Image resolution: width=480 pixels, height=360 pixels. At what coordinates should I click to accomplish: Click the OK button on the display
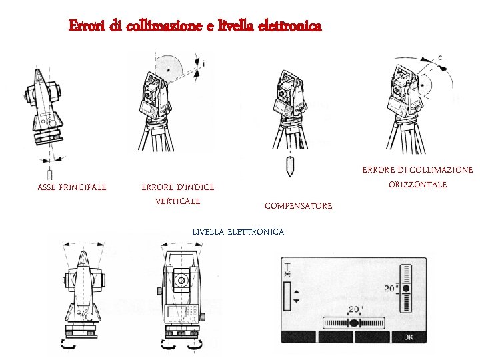(x=409, y=337)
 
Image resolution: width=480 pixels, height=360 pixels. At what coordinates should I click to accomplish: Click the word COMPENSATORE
(x=299, y=206)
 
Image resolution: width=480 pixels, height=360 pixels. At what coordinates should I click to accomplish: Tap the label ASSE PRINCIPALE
(x=72, y=187)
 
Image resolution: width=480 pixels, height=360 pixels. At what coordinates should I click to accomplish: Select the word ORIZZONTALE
(x=418, y=185)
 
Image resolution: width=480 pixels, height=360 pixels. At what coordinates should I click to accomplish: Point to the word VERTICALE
(x=178, y=201)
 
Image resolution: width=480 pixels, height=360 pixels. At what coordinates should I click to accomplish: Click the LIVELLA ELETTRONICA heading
(x=238, y=232)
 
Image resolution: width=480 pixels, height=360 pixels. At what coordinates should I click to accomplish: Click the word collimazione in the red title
(x=164, y=25)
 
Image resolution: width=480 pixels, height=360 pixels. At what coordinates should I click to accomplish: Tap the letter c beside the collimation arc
(x=440, y=57)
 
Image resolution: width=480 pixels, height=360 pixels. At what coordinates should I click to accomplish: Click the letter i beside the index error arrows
(x=203, y=64)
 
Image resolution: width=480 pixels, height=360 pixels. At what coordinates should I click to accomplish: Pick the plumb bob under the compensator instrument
(x=290, y=166)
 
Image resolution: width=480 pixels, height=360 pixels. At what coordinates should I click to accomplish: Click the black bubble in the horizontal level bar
(x=354, y=323)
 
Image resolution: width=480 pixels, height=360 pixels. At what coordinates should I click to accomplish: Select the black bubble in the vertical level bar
(x=406, y=289)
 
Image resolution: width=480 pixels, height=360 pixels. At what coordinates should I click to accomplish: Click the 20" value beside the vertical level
(x=391, y=289)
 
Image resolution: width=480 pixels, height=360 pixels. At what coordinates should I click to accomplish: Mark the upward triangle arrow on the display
(x=296, y=293)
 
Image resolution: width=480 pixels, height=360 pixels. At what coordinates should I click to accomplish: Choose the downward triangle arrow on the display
(x=296, y=301)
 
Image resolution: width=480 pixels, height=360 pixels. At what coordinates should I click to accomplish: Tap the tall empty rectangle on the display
(x=287, y=296)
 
